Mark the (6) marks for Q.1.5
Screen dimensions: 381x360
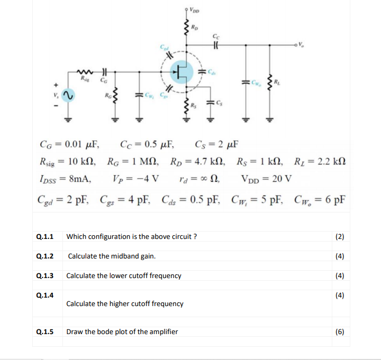pyautogui.click(x=340, y=332)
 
